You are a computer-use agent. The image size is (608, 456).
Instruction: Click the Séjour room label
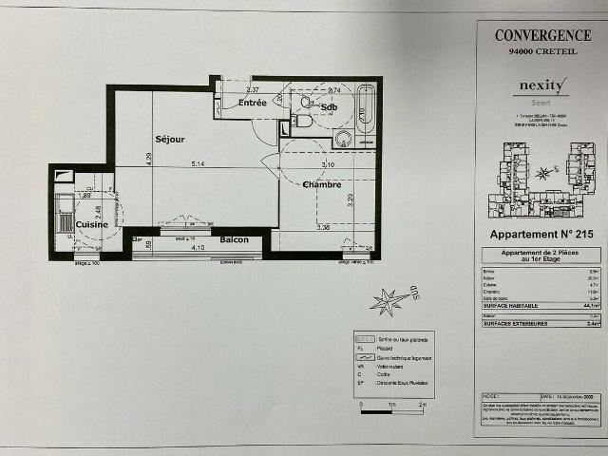point(170,140)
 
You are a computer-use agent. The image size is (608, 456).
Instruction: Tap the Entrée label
point(252,103)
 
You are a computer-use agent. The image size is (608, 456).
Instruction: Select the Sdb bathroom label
point(329,107)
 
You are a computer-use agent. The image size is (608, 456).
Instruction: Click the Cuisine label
point(92,224)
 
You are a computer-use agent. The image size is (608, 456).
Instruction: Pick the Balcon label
point(234,239)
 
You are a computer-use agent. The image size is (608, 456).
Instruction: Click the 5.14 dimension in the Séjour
point(198,164)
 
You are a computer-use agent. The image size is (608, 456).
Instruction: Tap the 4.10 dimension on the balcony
point(198,248)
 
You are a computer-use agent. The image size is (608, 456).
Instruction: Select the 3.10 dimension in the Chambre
point(329,164)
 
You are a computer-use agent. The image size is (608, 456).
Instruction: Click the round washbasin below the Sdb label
point(343,139)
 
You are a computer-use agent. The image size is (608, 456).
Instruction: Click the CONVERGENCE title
point(542,35)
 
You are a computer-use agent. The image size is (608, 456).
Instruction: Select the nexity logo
point(542,85)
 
